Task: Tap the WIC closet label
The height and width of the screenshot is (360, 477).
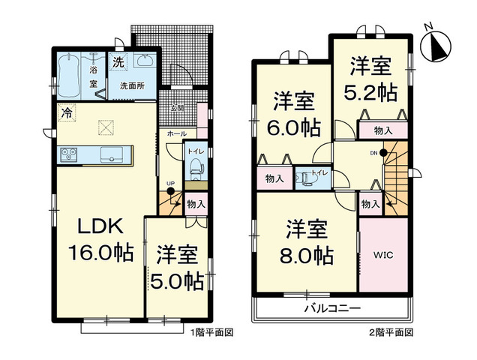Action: [x=383, y=254]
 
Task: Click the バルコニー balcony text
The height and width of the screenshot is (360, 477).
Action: [x=333, y=308]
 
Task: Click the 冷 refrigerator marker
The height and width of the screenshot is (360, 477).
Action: [x=67, y=115]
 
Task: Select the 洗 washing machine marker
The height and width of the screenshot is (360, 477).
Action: [x=119, y=62]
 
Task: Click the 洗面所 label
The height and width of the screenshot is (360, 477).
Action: [x=133, y=85]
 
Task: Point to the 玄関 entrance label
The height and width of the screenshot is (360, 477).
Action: [x=176, y=108]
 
